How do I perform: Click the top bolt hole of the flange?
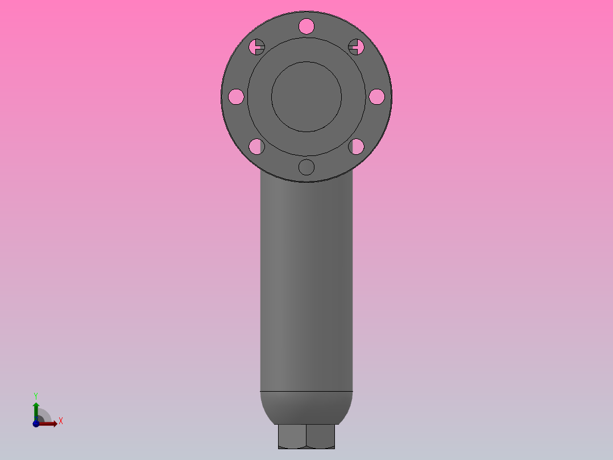[306, 26]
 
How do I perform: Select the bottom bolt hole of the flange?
[306, 167]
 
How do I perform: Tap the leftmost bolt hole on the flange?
[236, 97]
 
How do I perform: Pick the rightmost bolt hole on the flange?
[376, 97]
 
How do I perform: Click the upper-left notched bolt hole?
[258, 47]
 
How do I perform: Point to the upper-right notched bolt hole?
[355, 47]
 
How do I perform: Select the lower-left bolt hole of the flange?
[256, 147]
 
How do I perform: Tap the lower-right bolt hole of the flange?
[357, 147]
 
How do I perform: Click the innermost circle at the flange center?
[306, 97]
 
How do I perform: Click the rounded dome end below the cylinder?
[306, 407]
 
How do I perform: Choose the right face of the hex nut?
[321, 436]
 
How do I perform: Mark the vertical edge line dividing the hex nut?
[306, 436]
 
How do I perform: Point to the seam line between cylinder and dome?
[306, 392]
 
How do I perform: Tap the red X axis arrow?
[50, 423]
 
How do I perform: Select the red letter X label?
[60, 421]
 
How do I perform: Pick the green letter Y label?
[36, 396]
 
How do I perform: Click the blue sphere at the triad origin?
[36, 424]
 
